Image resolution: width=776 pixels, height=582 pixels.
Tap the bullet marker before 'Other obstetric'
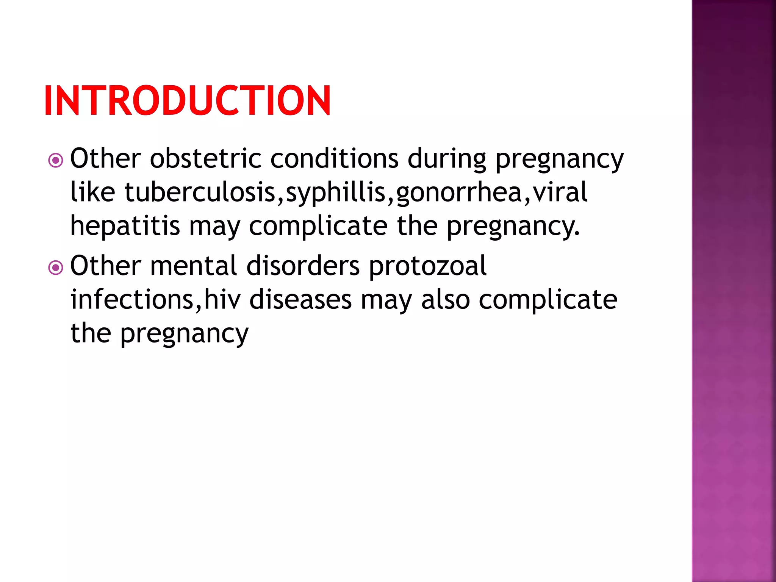(56, 160)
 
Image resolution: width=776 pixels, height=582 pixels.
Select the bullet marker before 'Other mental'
(56, 268)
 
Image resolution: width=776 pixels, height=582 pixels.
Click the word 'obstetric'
(205, 158)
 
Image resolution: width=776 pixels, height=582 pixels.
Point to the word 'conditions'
(334, 158)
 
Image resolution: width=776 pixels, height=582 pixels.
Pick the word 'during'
(447, 159)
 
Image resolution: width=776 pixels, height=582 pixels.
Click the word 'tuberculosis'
(200, 192)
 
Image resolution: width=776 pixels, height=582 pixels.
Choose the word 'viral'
(560, 192)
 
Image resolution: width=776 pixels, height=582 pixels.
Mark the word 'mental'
(194, 266)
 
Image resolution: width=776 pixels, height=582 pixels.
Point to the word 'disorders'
(303, 266)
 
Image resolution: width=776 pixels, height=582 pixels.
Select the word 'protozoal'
(428, 266)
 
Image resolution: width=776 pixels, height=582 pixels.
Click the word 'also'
(446, 299)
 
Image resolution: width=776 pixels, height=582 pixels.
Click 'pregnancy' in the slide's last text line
(184, 334)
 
